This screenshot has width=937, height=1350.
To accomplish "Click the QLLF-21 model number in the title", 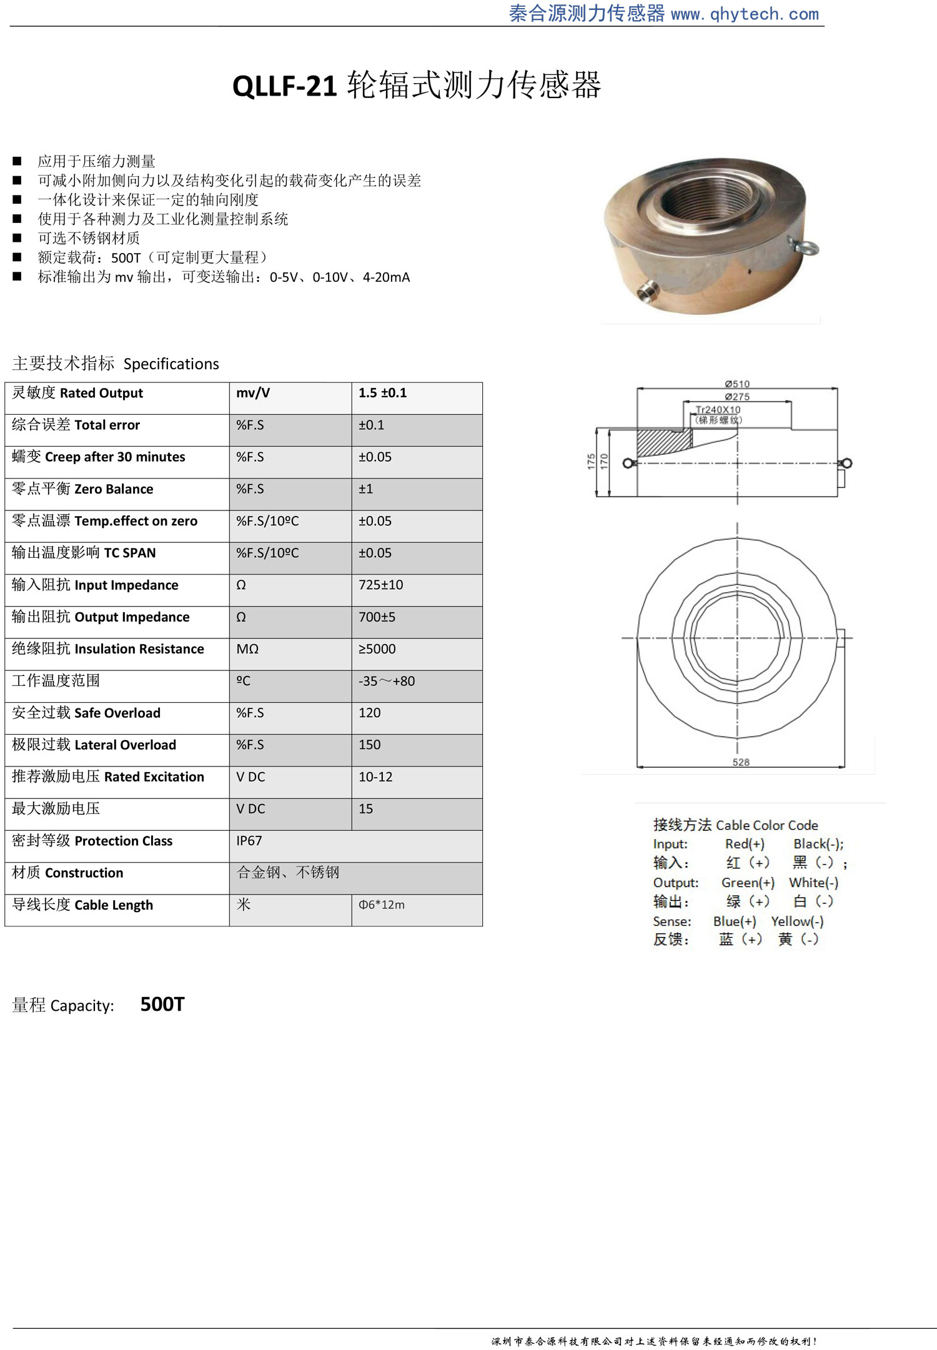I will [x=285, y=86].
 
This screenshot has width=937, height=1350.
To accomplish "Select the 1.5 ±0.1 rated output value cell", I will [x=382, y=393].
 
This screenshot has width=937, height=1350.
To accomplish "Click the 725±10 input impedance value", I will [x=380, y=585].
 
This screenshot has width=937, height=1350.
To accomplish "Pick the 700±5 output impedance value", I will [x=377, y=617].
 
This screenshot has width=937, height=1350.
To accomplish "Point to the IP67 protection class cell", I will [x=249, y=841].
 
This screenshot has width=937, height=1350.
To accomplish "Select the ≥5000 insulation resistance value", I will [x=377, y=649].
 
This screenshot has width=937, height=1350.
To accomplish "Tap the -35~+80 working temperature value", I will [x=386, y=681].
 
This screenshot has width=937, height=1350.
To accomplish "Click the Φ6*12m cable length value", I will [x=381, y=905].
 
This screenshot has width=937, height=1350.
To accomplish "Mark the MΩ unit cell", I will [x=247, y=649].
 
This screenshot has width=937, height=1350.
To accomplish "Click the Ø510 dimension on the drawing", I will [x=737, y=384].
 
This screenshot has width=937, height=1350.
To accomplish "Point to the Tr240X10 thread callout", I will [x=718, y=410].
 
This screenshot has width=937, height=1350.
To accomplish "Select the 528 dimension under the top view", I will [x=741, y=762].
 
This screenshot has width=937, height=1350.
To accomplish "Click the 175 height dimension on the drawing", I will [x=591, y=462].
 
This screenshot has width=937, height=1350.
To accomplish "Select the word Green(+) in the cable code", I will [x=748, y=883].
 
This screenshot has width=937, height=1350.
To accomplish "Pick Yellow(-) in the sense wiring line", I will [x=797, y=921].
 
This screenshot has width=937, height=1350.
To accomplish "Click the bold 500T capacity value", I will [x=162, y=1005].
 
